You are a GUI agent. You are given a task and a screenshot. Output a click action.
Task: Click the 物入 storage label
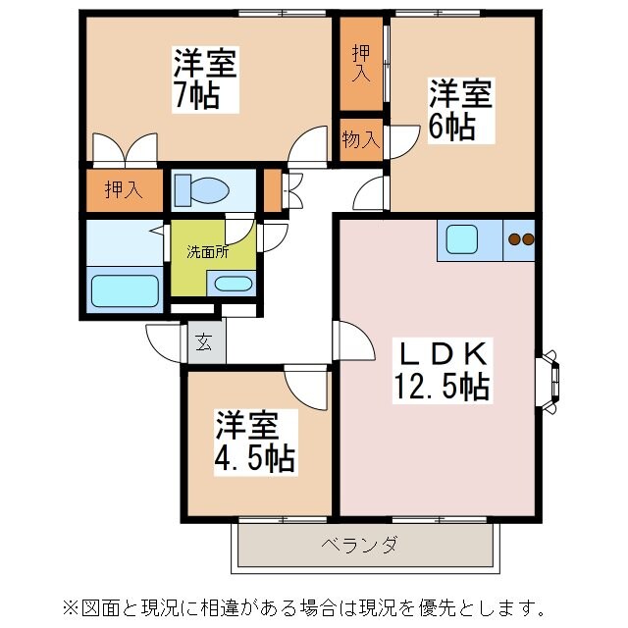[360, 138]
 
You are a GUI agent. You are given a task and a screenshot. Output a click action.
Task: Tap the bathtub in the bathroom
[125, 292]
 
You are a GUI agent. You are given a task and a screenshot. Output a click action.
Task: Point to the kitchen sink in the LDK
[462, 239]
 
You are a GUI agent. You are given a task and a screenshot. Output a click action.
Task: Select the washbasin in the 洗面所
[233, 285]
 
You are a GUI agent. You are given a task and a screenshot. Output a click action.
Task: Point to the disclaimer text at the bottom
[314, 603]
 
